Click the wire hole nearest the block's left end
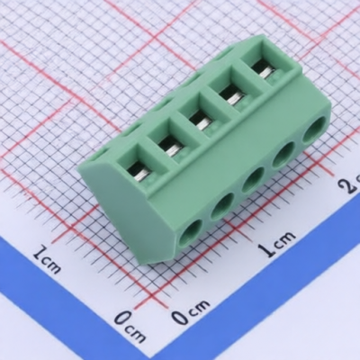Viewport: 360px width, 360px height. tap(189, 233)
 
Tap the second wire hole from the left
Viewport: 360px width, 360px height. tap(221, 206)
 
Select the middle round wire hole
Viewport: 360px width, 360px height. tap(252, 180)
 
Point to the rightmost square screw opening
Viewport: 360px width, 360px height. tap(262, 70)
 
